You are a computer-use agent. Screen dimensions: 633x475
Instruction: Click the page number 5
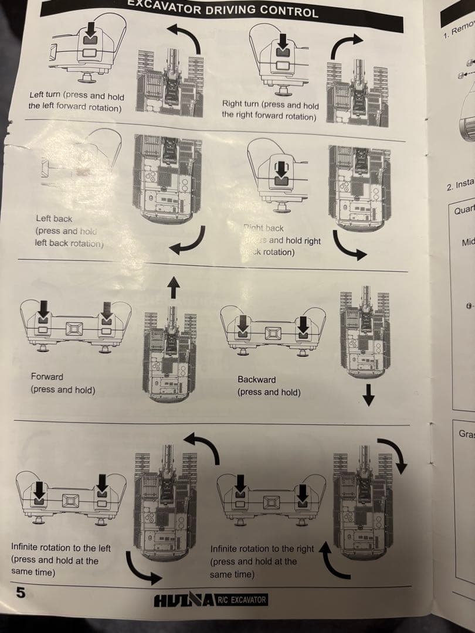[x=21, y=592]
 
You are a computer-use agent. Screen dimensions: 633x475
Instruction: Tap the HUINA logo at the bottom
[x=184, y=601]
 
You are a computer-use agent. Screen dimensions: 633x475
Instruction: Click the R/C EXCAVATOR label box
[x=242, y=600]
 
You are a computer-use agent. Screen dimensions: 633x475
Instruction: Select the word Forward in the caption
[x=47, y=377]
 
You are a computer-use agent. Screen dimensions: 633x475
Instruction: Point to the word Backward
[x=256, y=380]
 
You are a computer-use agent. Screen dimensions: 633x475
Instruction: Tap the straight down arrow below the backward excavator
[x=368, y=399]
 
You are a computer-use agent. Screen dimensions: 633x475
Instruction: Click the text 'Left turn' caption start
[x=45, y=96]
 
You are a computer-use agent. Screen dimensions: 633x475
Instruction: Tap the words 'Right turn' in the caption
[x=240, y=105]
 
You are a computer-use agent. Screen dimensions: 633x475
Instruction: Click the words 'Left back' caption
[x=54, y=219]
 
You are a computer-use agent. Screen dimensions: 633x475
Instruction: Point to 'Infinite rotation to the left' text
[x=61, y=547]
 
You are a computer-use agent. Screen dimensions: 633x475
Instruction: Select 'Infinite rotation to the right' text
[x=262, y=549]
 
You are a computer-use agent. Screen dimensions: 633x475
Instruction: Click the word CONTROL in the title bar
[x=289, y=11]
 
